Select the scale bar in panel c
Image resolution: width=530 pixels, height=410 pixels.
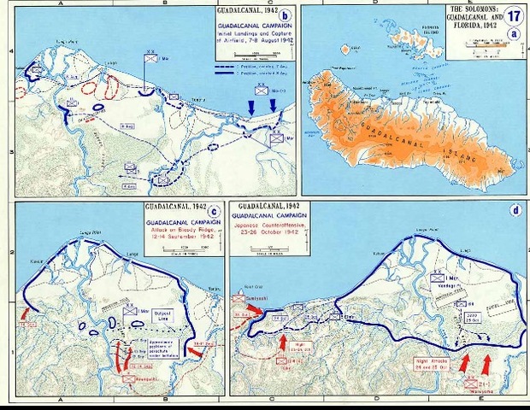(181, 249)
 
